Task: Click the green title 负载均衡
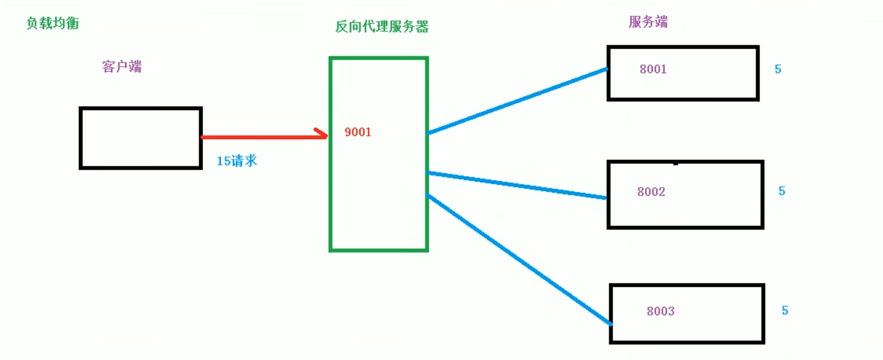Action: click(x=53, y=23)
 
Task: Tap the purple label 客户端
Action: click(x=121, y=67)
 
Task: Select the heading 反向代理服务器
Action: click(x=382, y=26)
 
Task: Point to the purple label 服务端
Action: click(x=648, y=22)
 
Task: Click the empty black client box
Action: click(x=140, y=138)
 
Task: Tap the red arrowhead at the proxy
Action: click(x=322, y=134)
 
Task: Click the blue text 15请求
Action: click(x=237, y=161)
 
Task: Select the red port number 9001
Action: click(x=358, y=132)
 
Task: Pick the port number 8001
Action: click(x=653, y=69)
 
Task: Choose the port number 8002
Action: click(x=651, y=192)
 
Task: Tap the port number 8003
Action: click(x=661, y=311)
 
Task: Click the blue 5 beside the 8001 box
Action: click(x=777, y=69)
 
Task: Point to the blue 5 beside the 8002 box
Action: click(x=782, y=191)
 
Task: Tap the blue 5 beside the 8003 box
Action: click(x=785, y=310)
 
